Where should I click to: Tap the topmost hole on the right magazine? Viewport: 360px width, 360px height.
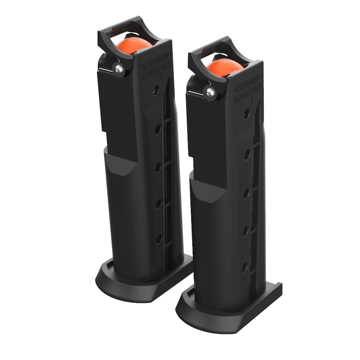click(x=246, y=114)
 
